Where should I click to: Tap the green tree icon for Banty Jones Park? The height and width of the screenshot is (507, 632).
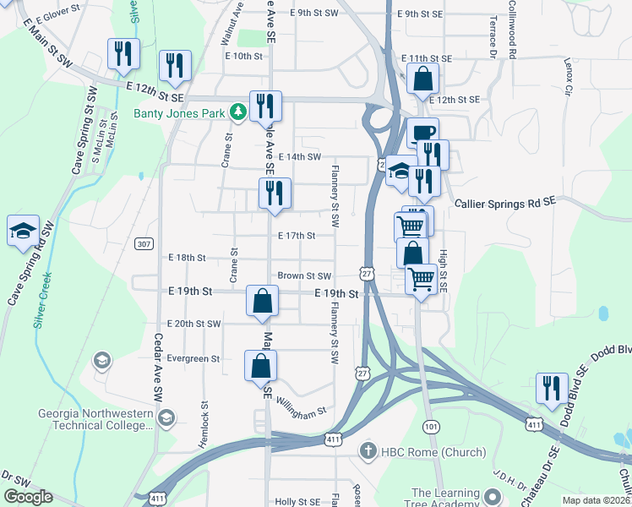[x=239, y=112]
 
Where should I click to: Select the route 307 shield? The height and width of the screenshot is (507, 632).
[x=144, y=244]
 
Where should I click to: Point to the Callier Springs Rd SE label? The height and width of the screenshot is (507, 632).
[x=505, y=203]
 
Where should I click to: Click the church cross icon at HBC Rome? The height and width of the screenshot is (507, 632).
[x=368, y=452]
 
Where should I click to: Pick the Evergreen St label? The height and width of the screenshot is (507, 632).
[x=193, y=358]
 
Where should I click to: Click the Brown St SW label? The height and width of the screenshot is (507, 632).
[x=304, y=276]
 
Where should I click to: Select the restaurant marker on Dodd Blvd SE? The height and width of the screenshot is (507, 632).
[x=551, y=389]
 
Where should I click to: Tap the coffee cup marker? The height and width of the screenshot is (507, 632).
[x=422, y=133]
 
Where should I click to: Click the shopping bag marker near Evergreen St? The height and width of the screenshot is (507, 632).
[x=261, y=367]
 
